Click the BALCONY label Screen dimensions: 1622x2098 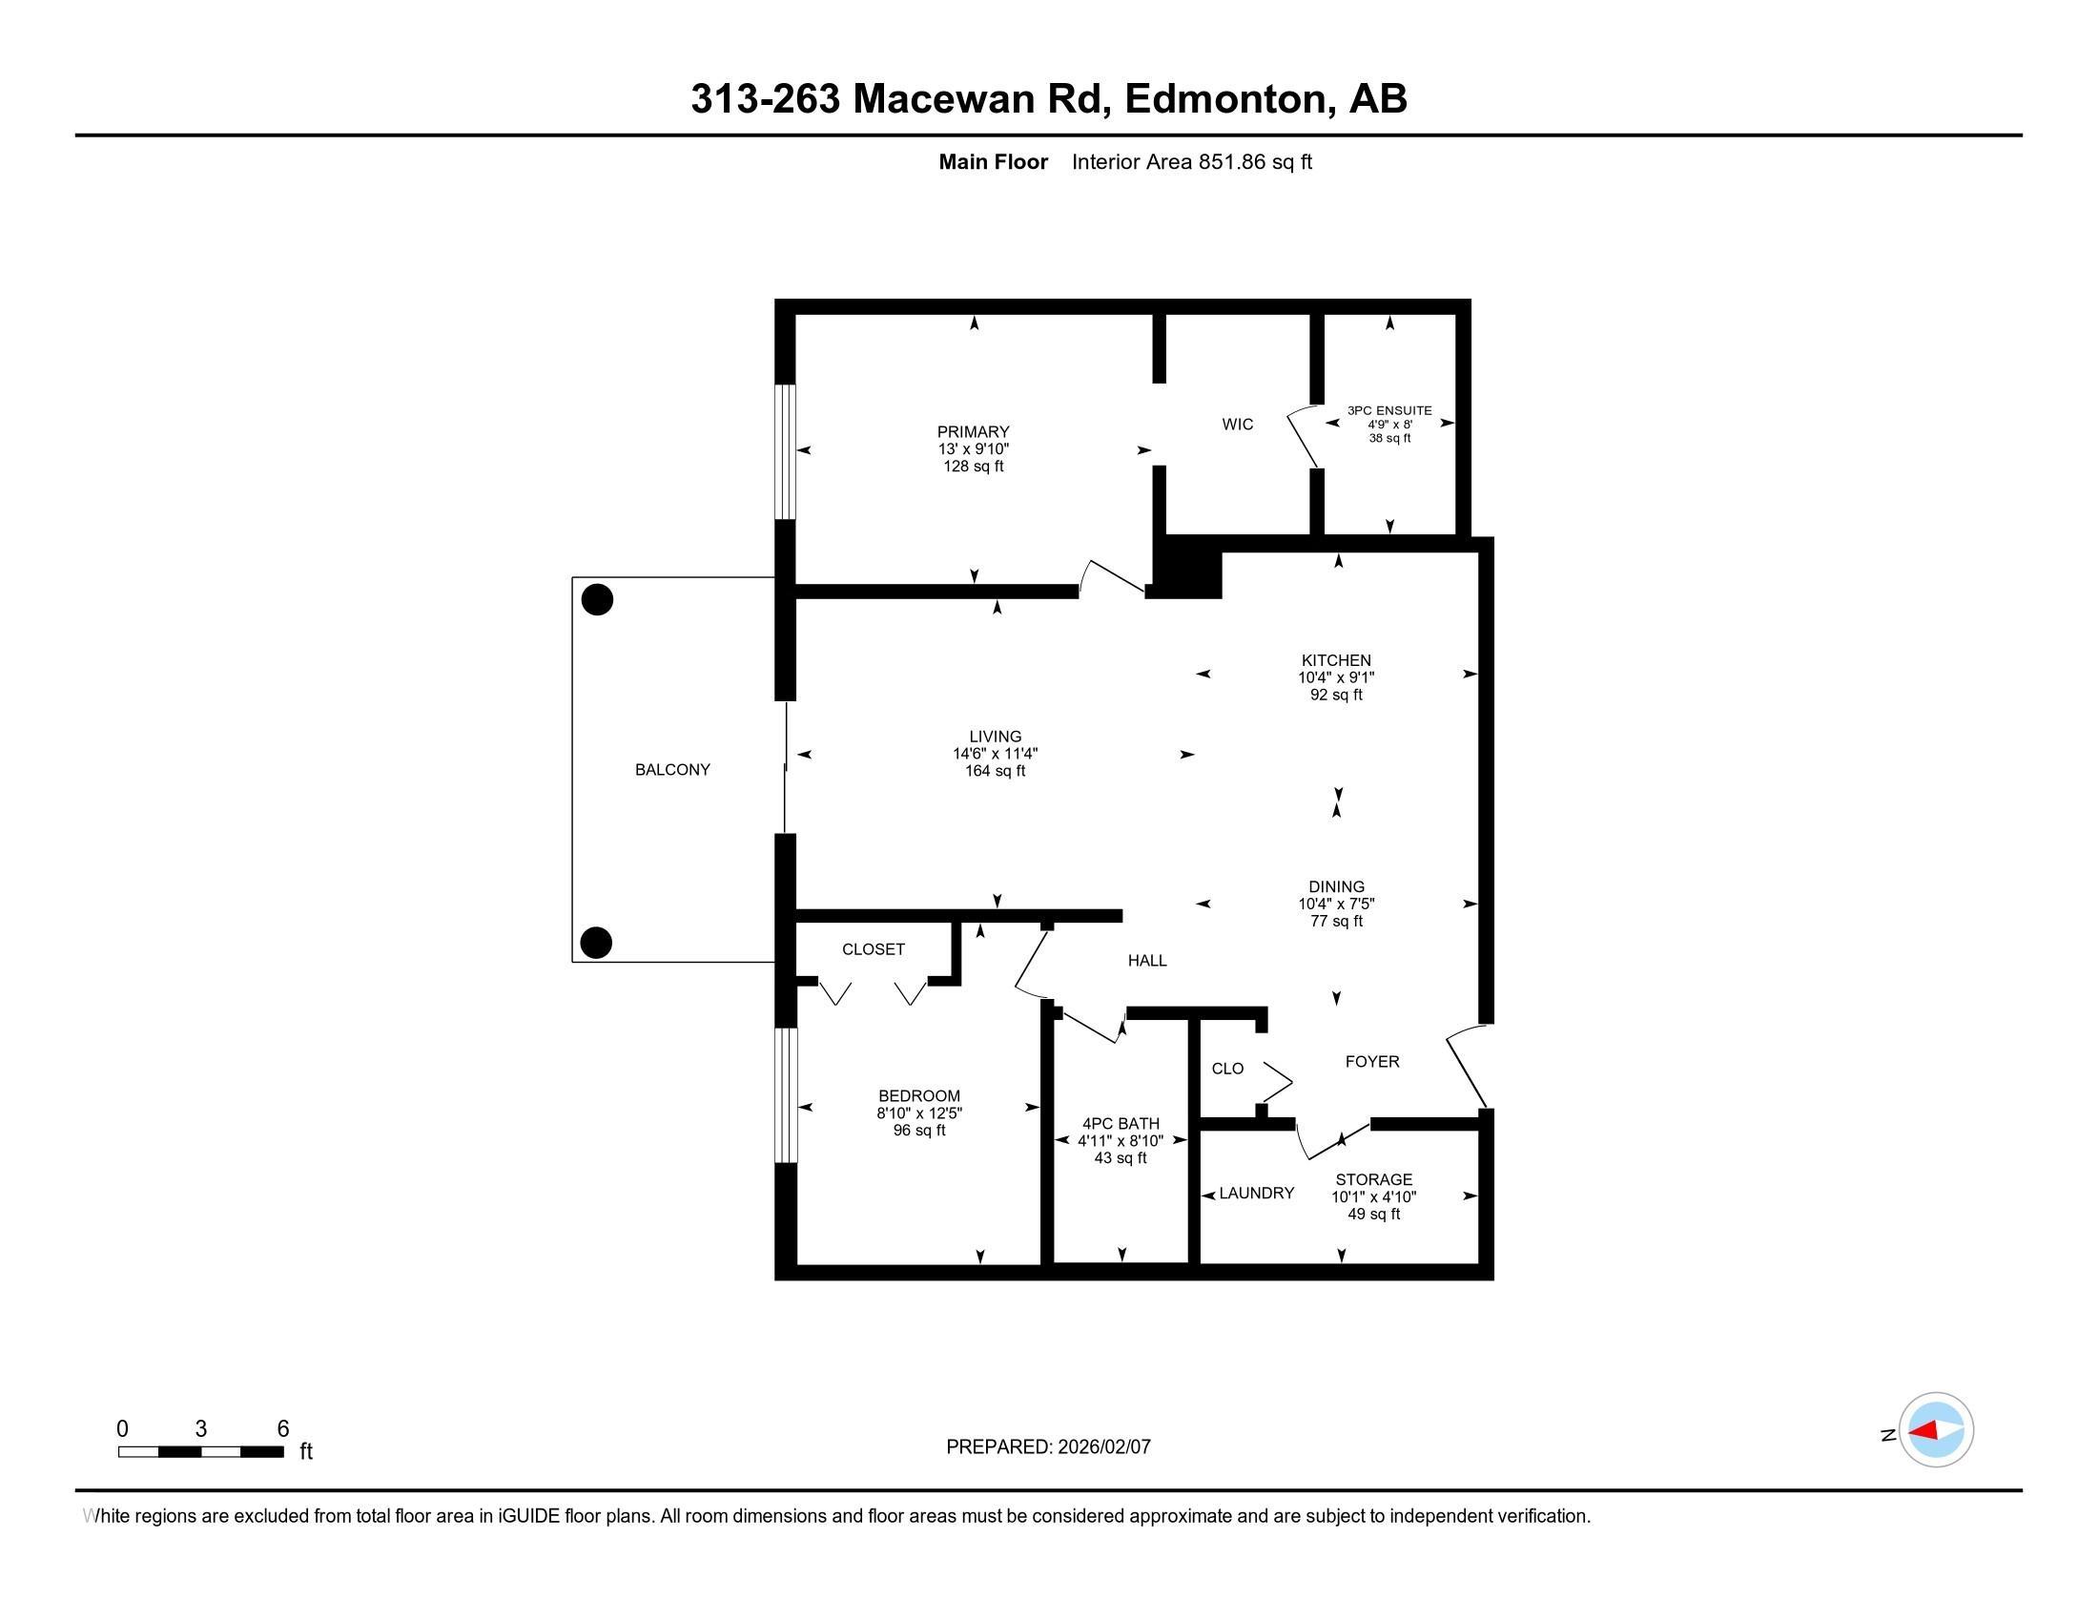pos(672,770)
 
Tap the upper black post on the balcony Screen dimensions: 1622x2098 pos(598,599)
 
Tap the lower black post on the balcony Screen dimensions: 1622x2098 pos(597,943)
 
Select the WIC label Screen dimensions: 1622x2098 pos(1237,424)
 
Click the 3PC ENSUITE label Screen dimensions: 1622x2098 pos(1389,410)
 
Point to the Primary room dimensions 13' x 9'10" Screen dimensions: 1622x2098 pos(973,448)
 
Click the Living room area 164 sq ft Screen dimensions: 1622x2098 pos(996,771)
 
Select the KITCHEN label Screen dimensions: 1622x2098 pos(1335,660)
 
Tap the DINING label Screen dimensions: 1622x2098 pos(1335,887)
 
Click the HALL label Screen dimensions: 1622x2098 pos(1147,961)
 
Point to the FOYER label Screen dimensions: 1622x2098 pos(1371,1062)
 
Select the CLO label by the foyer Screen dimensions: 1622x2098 pos(1227,1069)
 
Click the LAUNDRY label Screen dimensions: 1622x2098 pos(1257,1194)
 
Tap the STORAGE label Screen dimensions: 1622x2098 pos(1373,1179)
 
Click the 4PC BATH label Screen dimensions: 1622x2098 pos(1121,1123)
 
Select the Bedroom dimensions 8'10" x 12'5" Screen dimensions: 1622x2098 pos(918,1113)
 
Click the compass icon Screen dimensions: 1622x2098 pos(1936,1430)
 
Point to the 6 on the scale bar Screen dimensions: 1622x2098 pos(282,1429)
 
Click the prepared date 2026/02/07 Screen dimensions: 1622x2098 pos(1102,1447)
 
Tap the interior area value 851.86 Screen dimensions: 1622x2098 pos(1231,162)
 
